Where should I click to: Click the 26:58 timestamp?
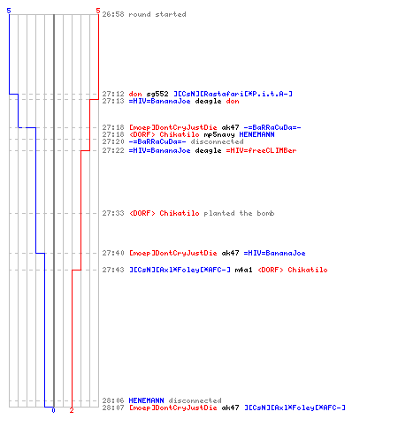coord(113,14)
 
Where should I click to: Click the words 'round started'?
coord(157,14)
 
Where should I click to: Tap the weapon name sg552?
coord(157,94)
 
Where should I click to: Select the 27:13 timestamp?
coord(113,101)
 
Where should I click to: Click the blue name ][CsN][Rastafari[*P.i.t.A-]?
coord(233,94)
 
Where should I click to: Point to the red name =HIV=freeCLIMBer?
coord(261,150)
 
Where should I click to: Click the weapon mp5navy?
coord(219,135)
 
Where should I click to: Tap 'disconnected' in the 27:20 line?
coord(217,141)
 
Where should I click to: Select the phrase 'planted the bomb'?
coord(239,213)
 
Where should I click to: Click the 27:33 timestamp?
coord(113,213)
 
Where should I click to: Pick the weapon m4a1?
coord(243,270)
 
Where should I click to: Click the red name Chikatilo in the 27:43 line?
coord(308,270)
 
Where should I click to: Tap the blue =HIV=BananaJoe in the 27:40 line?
coord(274,253)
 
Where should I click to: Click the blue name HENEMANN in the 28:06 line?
coord(146,400)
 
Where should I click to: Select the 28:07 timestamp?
coord(113,408)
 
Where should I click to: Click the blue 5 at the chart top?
coord(9,11)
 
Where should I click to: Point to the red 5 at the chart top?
coord(98,11)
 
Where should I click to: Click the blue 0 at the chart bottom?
coord(53,410)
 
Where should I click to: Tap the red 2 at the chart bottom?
coord(72,410)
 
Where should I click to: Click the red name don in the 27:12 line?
coord(135,94)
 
